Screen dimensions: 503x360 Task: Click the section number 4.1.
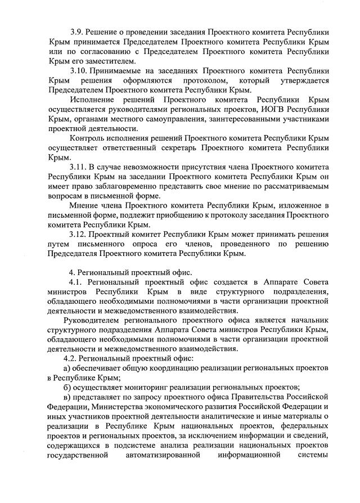click(x=76, y=281)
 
